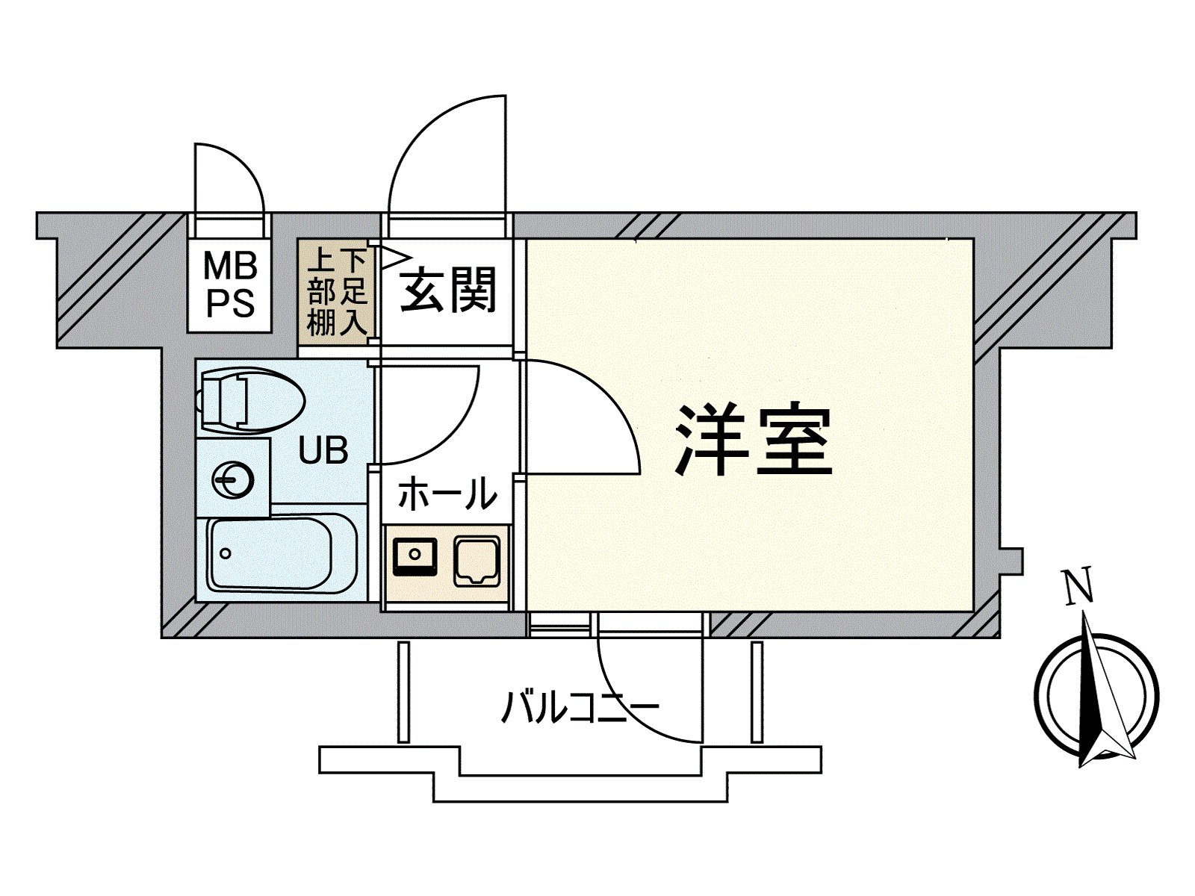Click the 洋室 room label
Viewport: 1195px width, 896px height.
754,440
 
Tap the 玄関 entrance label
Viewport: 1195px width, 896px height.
448,289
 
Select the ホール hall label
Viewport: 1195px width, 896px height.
447,493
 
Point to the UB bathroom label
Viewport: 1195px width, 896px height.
323,450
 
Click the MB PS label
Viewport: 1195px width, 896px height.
230,286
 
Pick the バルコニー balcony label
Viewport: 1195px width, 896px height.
580,706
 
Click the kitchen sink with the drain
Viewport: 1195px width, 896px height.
415,556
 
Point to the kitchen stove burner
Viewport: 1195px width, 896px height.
477,561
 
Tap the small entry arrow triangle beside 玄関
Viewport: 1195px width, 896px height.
397,258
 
